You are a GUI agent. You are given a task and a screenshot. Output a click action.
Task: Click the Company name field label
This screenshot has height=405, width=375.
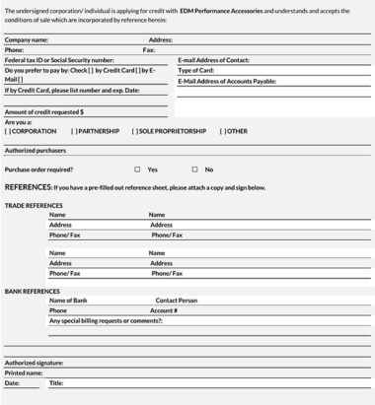coord(27,39)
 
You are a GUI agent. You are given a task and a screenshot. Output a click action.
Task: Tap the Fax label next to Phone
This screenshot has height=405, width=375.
coord(149,49)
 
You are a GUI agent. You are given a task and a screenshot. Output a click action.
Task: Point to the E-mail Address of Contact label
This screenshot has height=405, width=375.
coord(213,60)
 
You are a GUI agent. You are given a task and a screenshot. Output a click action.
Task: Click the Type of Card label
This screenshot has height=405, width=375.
coord(196,71)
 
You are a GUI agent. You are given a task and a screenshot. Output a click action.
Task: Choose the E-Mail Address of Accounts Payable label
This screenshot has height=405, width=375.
coord(227,81)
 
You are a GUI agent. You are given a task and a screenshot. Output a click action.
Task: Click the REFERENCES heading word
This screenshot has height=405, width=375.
coord(28,187)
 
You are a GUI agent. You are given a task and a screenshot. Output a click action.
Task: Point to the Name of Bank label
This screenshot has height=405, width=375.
coord(68,300)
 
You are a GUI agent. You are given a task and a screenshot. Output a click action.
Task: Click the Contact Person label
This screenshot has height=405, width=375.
coord(176,300)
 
